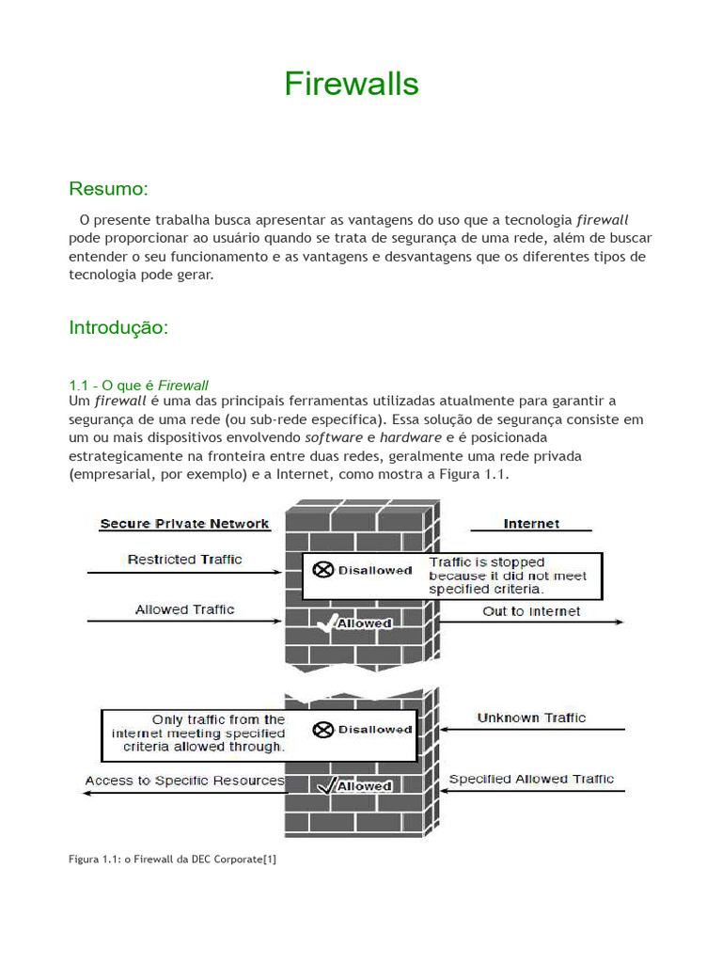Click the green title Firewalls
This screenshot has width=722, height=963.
pos(351,85)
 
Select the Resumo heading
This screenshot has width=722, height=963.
pos(108,189)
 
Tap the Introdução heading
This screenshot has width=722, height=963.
pos(118,327)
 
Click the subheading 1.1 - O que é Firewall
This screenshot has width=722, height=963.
pos(138,385)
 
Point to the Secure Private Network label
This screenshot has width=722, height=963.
pos(184,524)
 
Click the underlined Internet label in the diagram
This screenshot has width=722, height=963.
pos(531,524)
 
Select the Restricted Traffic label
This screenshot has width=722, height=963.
pos(184,560)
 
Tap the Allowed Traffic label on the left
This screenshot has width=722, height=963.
pos(184,609)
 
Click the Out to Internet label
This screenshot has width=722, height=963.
pos(531,611)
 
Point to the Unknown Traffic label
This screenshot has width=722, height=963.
pos(531,718)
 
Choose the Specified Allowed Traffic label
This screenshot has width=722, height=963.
pos(531,779)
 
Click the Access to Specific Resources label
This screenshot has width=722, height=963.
pos(184,781)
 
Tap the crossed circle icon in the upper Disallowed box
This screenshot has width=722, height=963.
pos(322,570)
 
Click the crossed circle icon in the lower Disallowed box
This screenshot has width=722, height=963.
pos(322,729)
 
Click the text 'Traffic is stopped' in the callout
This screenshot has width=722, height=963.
pos(486,562)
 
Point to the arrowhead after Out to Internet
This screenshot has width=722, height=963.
pos(619,623)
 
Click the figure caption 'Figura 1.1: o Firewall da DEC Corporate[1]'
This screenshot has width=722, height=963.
pos(172,859)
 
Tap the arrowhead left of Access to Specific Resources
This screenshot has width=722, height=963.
pos(87,793)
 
